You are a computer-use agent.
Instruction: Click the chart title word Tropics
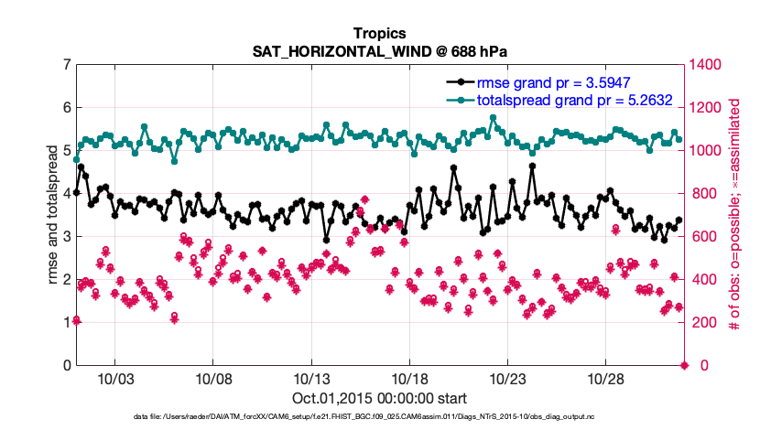tap(379, 34)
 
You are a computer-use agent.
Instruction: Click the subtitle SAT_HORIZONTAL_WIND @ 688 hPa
tap(379, 50)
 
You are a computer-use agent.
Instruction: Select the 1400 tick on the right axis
tap(708, 65)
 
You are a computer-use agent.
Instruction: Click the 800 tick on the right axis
tap(704, 193)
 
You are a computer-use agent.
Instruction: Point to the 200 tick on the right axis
tap(704, 322)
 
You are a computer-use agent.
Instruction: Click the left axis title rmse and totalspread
tap(53, 215)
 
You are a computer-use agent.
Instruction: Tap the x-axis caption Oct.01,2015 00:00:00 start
tap(379, 398)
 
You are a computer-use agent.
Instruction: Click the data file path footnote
tap(379, 417)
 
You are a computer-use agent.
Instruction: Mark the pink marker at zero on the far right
tap(684, 365)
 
